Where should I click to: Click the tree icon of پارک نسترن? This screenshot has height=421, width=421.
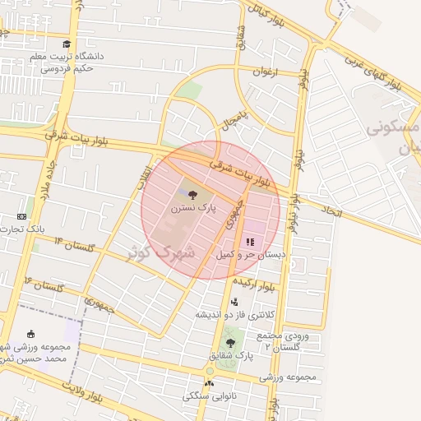[x=192, y=196]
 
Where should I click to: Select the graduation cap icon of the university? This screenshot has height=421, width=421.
[x=67, y=44]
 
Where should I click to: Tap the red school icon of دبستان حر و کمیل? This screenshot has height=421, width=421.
[x=249, y=242]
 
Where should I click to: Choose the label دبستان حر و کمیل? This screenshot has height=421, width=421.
[x=250, y=256]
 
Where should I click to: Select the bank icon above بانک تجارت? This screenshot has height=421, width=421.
[x=21, y=216]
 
